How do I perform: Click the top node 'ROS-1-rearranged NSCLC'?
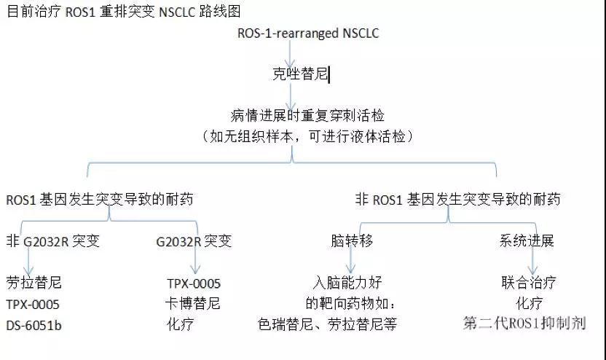[308, 34]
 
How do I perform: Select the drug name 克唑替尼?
[300, 74]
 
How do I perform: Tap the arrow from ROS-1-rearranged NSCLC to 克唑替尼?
[290, 53]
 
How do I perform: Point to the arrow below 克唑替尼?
[291, 97]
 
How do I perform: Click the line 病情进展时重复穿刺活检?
[307, 115]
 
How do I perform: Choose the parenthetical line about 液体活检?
[307, 136]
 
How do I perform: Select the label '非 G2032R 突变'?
[53, 241]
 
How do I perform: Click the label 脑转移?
[352, 240]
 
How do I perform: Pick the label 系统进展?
[527, 240]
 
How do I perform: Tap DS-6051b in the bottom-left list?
[34, 325]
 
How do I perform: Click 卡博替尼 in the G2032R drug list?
[192, 303]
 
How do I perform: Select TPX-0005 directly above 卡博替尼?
[194, 283]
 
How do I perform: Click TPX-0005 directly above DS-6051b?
[33, 305]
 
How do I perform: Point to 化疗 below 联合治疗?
[529, 303]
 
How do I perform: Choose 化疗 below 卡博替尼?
[180, 324]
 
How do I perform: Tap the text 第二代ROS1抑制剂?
[524, 323]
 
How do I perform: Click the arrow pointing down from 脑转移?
[350, 260]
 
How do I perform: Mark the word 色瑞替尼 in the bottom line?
[286, 324]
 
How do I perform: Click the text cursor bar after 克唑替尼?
[329, 74]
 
